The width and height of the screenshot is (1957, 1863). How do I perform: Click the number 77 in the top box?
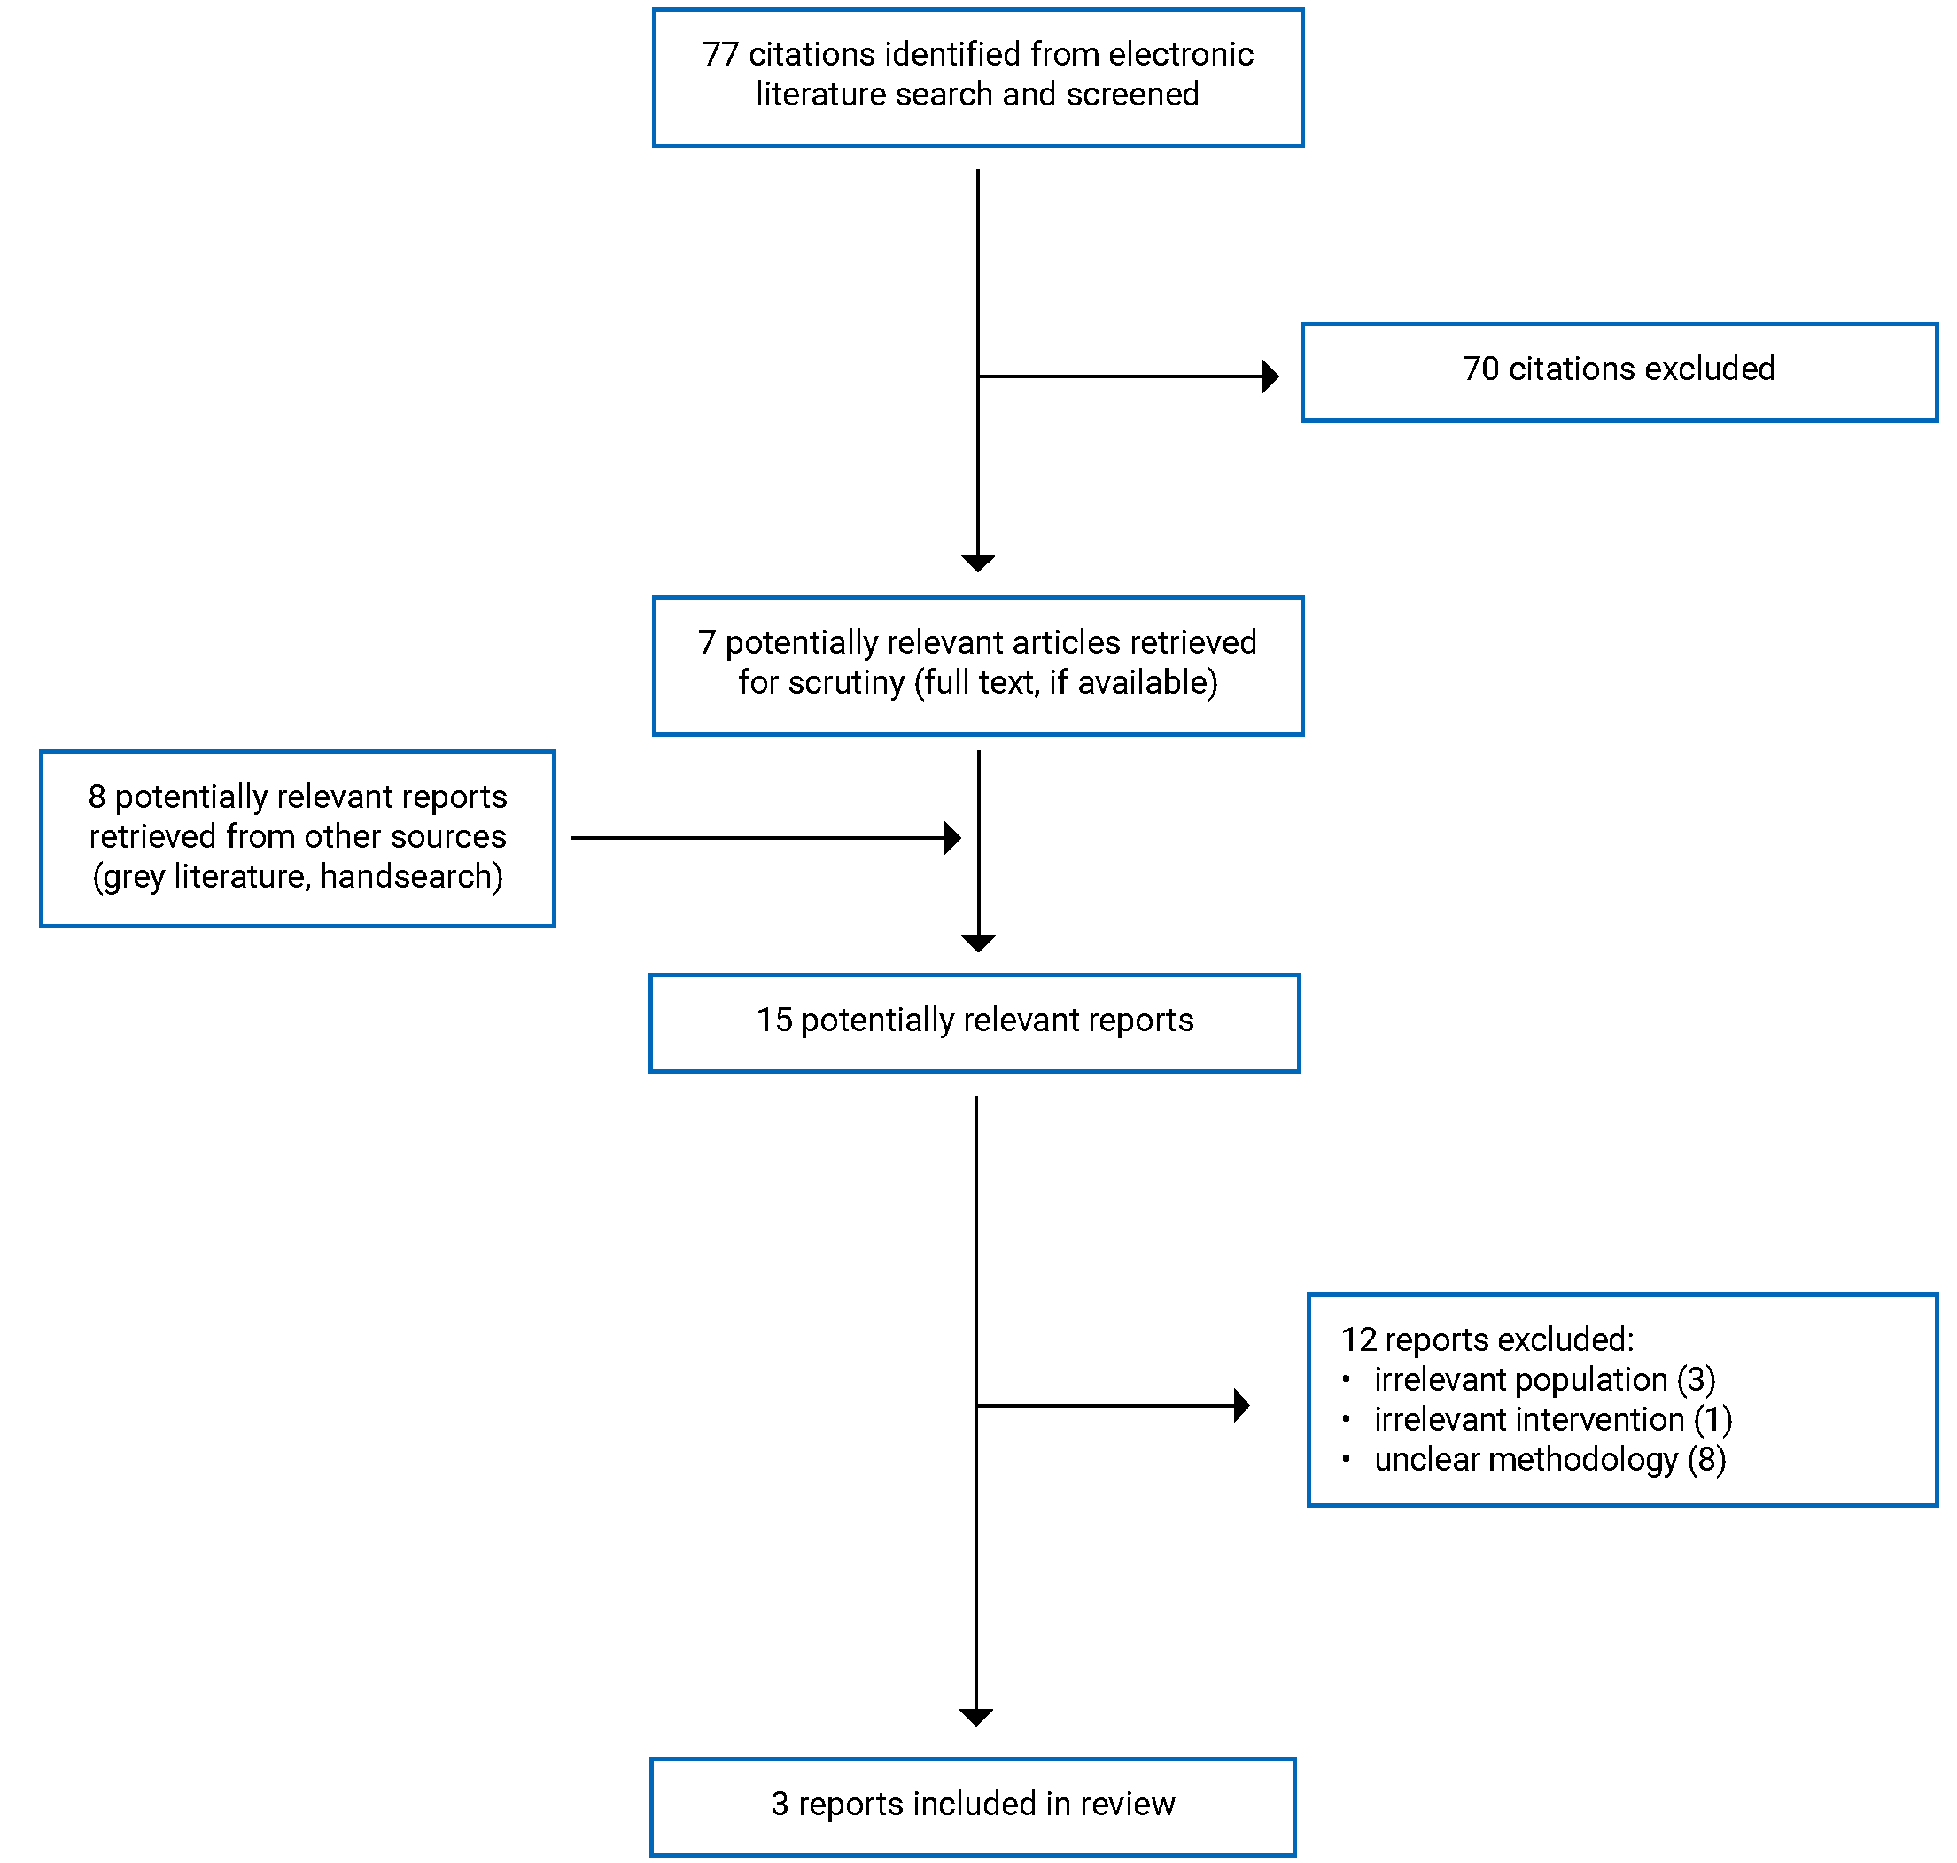(720, 55)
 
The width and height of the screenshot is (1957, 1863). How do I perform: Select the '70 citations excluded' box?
(1618, 371)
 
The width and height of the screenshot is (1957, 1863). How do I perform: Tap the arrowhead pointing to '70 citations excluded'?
(1269, 376)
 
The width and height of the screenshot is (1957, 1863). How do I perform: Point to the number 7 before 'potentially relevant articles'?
(706, 642)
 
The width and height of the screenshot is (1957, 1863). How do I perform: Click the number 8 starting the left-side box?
(97, 796)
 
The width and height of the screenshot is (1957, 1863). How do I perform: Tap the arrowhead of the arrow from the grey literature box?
(951, 837)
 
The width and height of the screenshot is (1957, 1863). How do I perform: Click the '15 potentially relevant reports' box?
(974, 1022)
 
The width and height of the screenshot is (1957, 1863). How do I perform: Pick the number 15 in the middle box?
(773, 1020)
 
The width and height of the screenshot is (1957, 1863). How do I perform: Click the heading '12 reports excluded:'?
(1487, 1339)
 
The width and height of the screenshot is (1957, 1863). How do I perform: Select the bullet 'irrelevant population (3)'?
(1544, 1379)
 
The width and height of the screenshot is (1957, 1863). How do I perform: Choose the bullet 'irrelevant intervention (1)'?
(1552, 1419)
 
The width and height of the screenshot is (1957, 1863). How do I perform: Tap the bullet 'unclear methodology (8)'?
(1549, 1459)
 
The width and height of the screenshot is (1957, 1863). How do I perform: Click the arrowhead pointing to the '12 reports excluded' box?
(1241, 1405)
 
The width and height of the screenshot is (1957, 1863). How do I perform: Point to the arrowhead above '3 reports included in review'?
(976, 1716)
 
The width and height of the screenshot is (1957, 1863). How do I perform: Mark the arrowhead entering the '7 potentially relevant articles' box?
(978, 563)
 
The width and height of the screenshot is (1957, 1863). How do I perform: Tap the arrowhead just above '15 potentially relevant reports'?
(978, 943)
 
